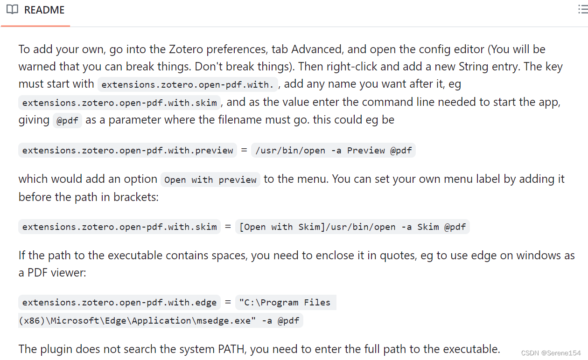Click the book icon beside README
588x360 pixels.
(x=12, y=10)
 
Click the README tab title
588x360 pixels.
(x=44, y=10)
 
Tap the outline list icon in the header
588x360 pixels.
(x=582, y=9)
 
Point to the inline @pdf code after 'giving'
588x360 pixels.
(x=67, y=121)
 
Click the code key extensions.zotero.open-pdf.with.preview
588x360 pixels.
(x=127, y=151)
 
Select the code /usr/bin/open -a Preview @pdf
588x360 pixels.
(x=333, y=151)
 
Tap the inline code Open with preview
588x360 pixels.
(x=210, y=180)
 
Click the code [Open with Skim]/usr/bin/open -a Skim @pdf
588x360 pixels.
(x=352, y=227)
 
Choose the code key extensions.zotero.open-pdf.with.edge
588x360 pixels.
(x=119, y=303)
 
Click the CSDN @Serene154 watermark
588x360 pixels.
(x=551, y=353)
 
